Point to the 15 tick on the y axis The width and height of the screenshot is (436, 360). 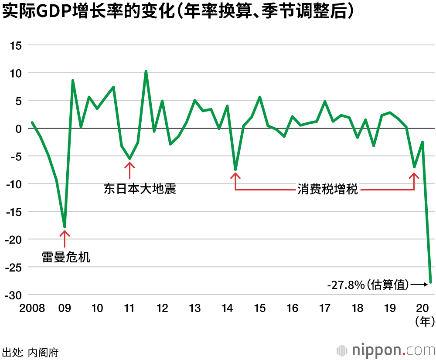[x=16, y=45]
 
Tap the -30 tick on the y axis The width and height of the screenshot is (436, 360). [x=13, y=295]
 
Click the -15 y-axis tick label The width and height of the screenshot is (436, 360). [x=13, y=212]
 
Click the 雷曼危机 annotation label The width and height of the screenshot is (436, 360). [x=66, y=257]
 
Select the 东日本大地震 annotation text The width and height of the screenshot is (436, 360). [x=140, y=189]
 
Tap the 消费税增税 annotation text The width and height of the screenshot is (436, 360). [x=328, y=190]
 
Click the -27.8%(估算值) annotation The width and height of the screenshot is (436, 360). [x=368, y=285]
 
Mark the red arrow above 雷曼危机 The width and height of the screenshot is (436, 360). [x=65, y=238]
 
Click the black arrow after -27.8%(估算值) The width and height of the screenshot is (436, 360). [x=419, y=285]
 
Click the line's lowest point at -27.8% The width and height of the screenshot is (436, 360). [x=431, y=282]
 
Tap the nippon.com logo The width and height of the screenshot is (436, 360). [x=386, y=350]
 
